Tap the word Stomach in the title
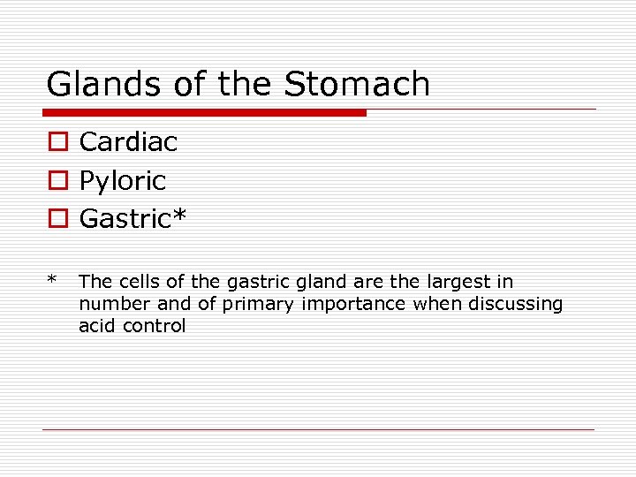pos(357,85)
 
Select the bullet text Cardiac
pos(128,141)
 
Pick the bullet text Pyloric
pos(123,181)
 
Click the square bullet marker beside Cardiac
pos(56,142)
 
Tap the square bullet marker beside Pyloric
pos(56,181)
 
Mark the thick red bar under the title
pos(204,113)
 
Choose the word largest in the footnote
pos(463,282)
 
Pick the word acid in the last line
pos(96,326)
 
